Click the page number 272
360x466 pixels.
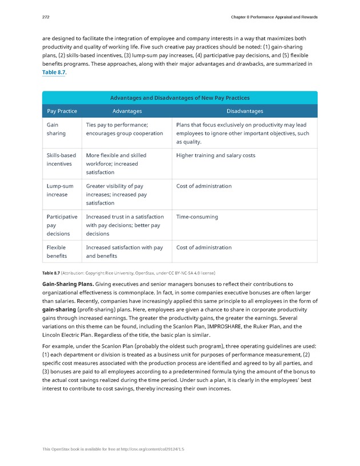(x=46, y=17)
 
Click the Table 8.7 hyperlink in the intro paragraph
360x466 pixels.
(x=55, y=73)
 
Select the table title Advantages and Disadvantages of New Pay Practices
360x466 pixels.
(x=179, y=98)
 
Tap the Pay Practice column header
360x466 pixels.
(x=61, y=111)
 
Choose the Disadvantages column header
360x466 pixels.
(x=245, y=111)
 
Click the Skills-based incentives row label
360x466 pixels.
(x=61, y=159)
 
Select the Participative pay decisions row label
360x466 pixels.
(x=62, y=225)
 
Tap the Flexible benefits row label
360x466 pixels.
(x=57, y=252)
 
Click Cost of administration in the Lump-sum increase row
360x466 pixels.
(x=204, y=186)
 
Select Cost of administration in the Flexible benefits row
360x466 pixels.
(x=204, y=248)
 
